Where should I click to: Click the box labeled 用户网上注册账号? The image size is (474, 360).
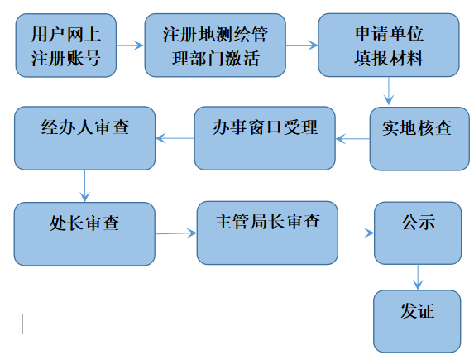tap(66, 46)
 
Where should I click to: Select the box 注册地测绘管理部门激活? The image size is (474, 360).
tap(215, 46)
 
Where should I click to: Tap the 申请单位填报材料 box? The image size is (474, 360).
tap(389, 45)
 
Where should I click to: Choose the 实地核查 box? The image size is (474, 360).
tap(419, 139)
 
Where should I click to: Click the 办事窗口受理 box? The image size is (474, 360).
tap(265, 138)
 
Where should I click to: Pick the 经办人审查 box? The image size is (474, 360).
tap(85, 138)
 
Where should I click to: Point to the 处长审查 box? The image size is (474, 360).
tap(84, 234)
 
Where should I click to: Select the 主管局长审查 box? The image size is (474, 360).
tap(267, 233)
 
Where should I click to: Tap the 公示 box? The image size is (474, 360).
tap(418, 233)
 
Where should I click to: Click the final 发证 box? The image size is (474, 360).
tap(417, 321)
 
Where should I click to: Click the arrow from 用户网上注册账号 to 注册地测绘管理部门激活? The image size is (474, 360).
tap(131, 46)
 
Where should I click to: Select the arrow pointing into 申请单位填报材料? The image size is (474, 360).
tap(302, 46)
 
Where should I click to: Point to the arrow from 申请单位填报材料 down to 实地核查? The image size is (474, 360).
tap(389, 91)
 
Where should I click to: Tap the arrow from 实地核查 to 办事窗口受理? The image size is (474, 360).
tap(352, 139)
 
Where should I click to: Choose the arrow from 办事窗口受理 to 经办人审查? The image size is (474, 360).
tap(175, 138)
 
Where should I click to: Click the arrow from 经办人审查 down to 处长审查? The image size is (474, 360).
tap(85, 186)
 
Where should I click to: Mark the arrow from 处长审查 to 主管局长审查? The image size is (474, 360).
tap(176, 233)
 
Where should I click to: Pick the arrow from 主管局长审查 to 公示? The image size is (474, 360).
tap(356, 233)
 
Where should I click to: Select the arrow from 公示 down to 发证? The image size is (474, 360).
tap(418, 277)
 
